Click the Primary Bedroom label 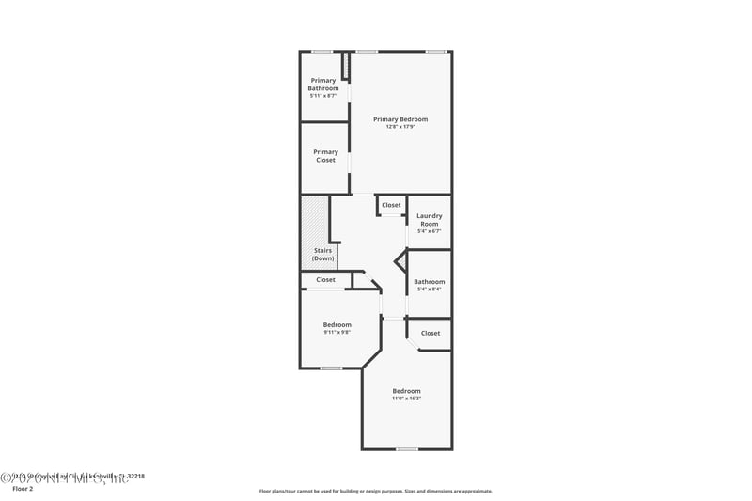coord(399,119)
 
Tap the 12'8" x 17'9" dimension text coord(399,127)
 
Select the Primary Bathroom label coord(323,85)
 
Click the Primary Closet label coord(325,156)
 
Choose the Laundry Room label coord(429,220)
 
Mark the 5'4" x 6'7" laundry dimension coord(429,231)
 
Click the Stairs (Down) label coord(322,254)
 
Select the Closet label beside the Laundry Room coord(391,205)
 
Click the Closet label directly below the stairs coord(325,279)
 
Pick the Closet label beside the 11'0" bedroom coord(430,333)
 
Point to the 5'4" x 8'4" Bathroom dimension coord(429,290)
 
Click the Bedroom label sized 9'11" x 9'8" coord(337,325)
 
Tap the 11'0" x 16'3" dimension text coord(406,399)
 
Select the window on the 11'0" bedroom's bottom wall coord(406,449)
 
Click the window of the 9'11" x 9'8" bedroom coord(331,368)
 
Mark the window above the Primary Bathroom coord(322,51)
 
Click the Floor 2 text coord(22,489)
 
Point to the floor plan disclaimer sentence coord(375,491)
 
